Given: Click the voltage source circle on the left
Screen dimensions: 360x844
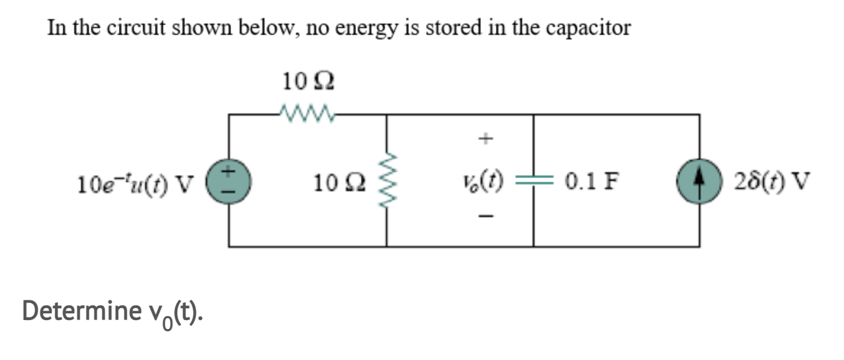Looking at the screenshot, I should coord(228,182).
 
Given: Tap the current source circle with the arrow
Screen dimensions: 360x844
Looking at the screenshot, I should coord(699,182).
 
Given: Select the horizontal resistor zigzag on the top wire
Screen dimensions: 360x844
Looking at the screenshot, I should coord(307,115).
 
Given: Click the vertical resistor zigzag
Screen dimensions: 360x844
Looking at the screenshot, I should coord(386,181).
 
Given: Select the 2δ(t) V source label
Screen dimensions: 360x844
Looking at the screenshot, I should coord(772,181).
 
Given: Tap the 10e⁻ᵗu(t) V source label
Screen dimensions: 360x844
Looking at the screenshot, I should coord(135,182).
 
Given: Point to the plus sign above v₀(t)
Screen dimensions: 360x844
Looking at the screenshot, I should coord(488,137).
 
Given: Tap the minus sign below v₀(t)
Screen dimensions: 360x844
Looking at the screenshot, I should coord(488,215).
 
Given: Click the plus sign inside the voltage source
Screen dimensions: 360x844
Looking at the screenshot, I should coord(229,174).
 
